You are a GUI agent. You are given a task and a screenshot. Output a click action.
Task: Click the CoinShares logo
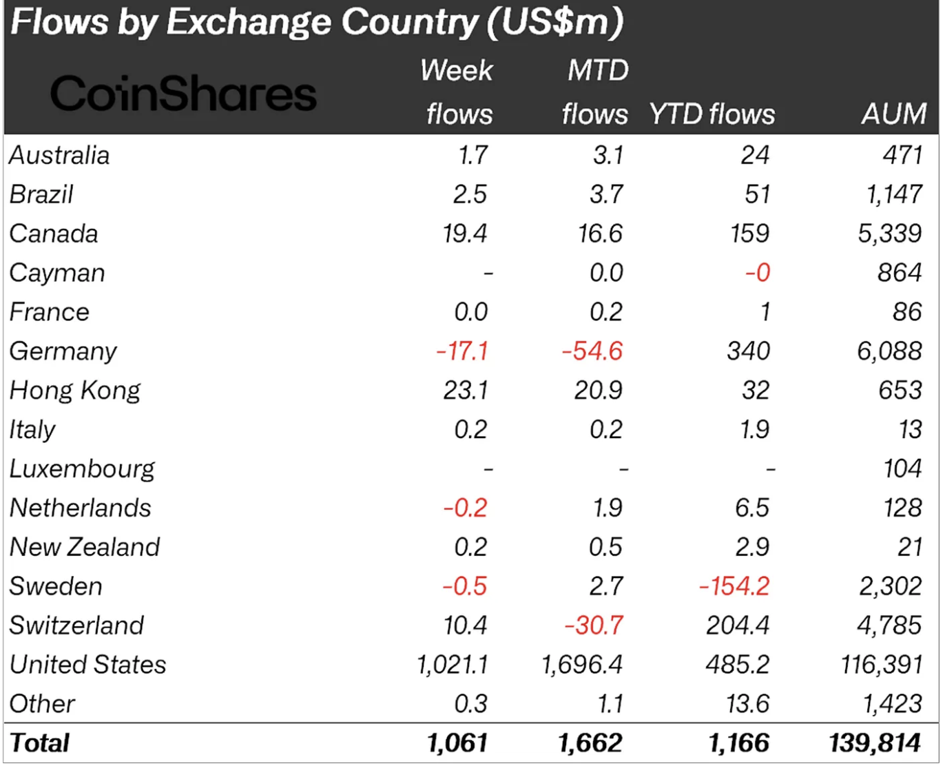click(x=183, y=94)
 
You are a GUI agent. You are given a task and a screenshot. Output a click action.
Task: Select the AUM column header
click(x=894, y=114)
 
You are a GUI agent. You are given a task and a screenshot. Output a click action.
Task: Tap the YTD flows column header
click(x=712, y=114)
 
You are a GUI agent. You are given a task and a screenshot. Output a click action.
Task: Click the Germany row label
click(x=63, y=351)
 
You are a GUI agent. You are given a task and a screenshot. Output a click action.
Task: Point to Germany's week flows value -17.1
click(x=462, y=351)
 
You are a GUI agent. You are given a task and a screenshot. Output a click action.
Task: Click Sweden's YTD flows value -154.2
click(x=734, y=586)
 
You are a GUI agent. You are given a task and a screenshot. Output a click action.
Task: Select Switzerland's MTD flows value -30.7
click(x=594, y=625)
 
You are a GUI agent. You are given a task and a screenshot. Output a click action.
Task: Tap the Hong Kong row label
click(x=75, y=391)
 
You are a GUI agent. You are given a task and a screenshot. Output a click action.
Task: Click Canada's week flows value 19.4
click(x=465, y=234)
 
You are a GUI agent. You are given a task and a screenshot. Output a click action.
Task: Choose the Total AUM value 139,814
click(x=875, y=743)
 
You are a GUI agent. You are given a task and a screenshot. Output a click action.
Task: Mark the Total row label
click(x=40, y=743)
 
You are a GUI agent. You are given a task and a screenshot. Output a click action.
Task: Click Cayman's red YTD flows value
click(x=758, y=273)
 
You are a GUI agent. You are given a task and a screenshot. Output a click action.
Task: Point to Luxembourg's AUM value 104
click(x=902, y=469)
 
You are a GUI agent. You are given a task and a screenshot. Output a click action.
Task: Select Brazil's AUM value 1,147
click(x=894, y=194)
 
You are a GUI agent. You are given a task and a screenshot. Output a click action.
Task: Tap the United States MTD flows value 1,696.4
click(x=582, y=665)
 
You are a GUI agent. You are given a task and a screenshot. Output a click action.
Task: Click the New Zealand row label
click(x=85, y=547)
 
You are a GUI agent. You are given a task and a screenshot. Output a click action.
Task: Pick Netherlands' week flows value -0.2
click(x=466, y=508)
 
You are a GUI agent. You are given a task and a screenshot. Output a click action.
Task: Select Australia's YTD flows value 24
click(x=755, y=155)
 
